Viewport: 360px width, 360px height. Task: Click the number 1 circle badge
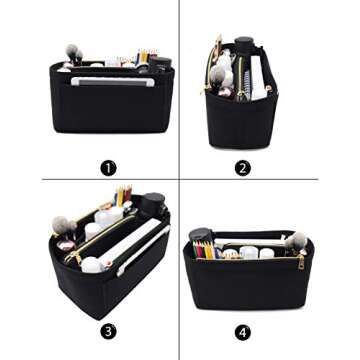pyautogui.click(x=108, y=168)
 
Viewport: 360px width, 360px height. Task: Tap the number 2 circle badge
pyautogui.click(x=243, y=168)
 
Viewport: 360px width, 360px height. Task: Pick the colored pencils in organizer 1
pyautogui.click(x=144, y=57)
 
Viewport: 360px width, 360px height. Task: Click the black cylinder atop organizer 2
pyautogui.click(x=243, y=46)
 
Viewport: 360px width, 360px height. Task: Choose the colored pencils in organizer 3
pyautogui.click(x=124, y=194)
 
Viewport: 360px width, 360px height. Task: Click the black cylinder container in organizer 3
pyautogui.click(x=152, y=203)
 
